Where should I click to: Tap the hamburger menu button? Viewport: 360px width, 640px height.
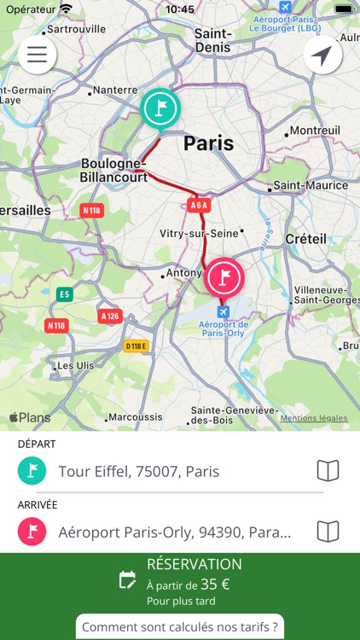click(37, 55)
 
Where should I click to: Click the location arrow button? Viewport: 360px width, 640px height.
click(322, 55)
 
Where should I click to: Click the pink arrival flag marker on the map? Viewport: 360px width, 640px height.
click(224, 277)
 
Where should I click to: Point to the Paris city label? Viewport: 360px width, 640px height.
click(208, 143)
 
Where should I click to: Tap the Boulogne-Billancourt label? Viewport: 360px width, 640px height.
click(114, 170)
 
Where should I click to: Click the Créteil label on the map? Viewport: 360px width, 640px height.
click(305, 239)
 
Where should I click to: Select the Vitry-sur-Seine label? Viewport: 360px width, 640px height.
click(199, 233)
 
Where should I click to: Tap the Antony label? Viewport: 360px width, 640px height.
click(184, 273)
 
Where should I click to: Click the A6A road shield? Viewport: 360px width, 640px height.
click(199, 206)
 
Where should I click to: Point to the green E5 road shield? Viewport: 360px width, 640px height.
click(64, 294)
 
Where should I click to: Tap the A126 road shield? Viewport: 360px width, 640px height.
click(110, 317)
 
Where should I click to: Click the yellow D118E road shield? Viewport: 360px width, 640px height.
click(136, 346)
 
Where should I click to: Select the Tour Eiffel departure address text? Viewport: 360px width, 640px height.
click(139, 471)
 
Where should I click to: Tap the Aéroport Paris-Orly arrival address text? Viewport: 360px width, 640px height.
click(175, 532)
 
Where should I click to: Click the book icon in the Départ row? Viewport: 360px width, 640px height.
click(328, 471)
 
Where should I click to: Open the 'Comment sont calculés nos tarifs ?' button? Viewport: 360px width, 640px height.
click(180, 627)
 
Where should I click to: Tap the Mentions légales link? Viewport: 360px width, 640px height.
click(314, 418)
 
